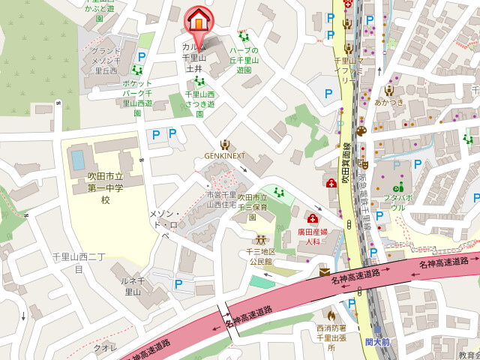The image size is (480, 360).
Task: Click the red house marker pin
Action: (x=197, y=20)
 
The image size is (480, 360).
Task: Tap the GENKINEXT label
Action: (x=225, y=157)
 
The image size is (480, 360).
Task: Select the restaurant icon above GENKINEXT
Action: (x=224, y=144)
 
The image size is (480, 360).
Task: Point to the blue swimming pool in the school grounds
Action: (x=77, y=160)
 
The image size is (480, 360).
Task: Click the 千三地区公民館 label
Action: (x=261, y=256)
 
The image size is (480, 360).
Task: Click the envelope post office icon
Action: (x=324, y=272)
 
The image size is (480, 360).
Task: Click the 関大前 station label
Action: (x=378, y=342)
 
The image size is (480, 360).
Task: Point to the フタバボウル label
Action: (x=398, y=202)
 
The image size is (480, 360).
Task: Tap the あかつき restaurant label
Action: (x=389, y=102)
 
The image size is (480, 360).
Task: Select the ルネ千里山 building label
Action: (x=132, y=286)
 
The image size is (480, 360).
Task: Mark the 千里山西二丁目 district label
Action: (x=78, y=262)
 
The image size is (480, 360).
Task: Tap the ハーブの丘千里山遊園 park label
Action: (x=244, y=60)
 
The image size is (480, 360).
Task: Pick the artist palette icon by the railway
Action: (x=361, y=131)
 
